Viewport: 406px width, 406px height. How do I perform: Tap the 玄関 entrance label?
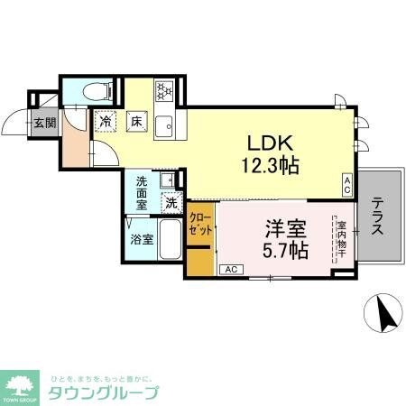pyautogui.click(x=44, y=123)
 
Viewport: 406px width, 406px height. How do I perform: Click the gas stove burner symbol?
pyautogui.click(x=164, y=91)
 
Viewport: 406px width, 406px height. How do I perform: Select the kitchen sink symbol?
pyautogui.click(x=164, y=125)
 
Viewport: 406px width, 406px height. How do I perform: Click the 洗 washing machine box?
pyautogui.click(x=171, y=204)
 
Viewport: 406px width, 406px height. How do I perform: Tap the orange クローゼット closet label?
pyautogui.click(x=200, y=226)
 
